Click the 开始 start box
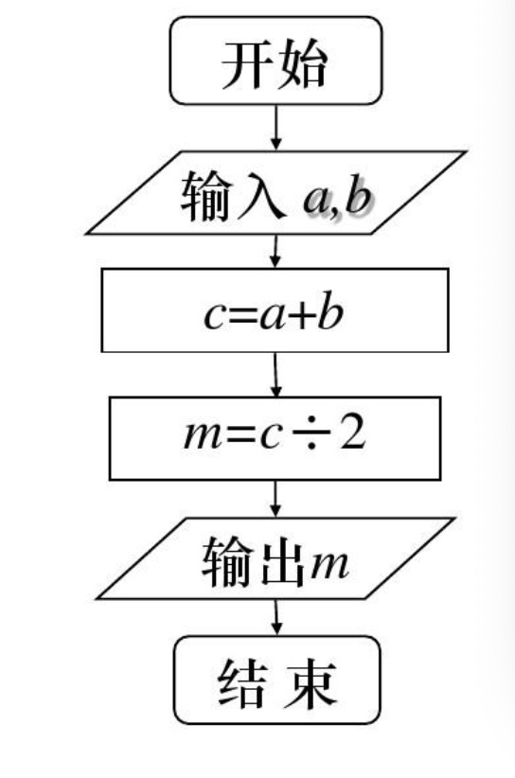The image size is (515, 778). point(275,61)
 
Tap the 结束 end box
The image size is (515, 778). point(276,680)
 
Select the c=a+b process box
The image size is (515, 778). point(275,310)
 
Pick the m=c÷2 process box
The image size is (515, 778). point(275,438)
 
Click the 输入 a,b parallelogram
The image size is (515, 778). point(275,192)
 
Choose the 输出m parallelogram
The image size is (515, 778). point(275,558)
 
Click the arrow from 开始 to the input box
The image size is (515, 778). point(275,128)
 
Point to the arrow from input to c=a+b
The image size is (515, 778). point(275,251)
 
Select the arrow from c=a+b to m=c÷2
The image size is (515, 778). point(275,375)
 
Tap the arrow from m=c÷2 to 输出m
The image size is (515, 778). point(275,499)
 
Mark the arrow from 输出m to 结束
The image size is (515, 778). point(276,618)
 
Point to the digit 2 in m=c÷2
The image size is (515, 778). point(352,434)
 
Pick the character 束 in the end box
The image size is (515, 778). point(310,683)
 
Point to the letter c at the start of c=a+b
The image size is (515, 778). point(214,316)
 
